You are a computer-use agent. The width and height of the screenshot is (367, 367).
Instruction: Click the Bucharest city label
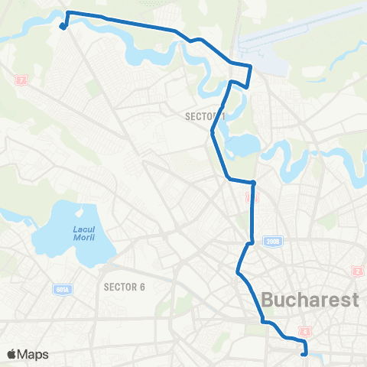(x=310, y=299)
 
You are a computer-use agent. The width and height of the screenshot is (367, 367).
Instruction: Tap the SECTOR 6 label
(x=124, y=287)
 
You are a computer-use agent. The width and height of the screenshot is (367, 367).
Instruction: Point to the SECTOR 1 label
(x=206, y=117)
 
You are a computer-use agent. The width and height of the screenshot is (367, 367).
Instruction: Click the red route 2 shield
(x=356, y=271)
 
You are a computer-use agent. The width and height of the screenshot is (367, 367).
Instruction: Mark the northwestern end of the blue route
(x=62, y=27)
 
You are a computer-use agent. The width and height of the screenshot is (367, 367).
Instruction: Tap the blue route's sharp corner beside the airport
(x=251, y=67)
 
